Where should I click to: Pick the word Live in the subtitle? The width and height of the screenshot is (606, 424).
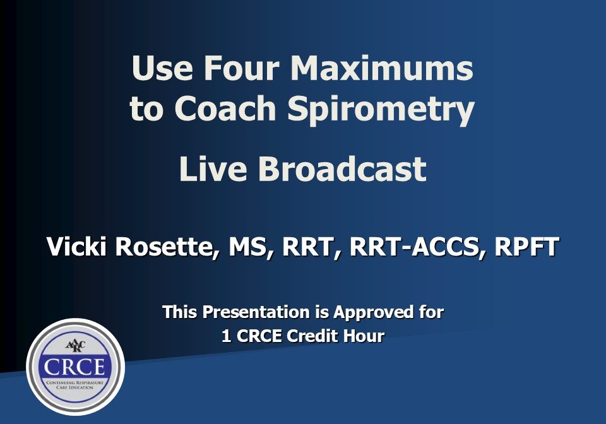point(211,168)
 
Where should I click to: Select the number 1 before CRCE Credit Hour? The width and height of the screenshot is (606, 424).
point(226,336)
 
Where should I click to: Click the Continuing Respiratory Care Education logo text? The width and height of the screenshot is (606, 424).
point(75,386)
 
